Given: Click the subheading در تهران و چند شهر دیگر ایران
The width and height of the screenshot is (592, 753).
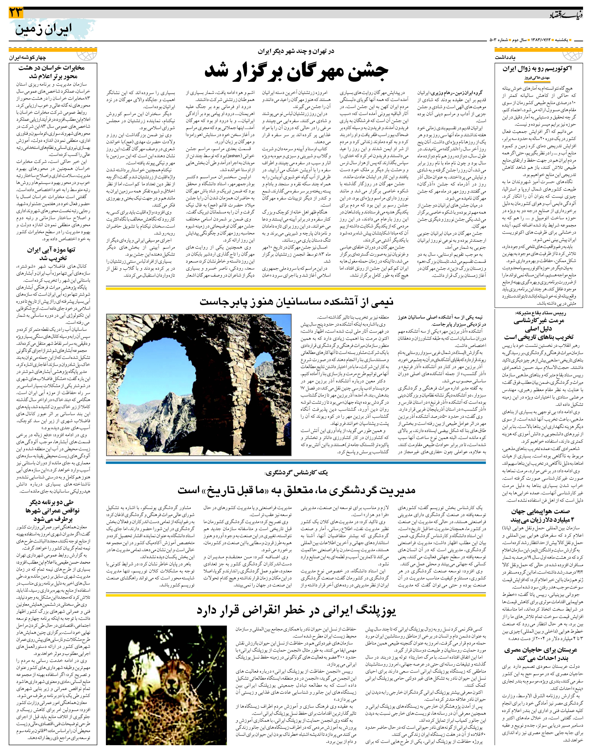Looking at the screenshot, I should click(296, 51).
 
